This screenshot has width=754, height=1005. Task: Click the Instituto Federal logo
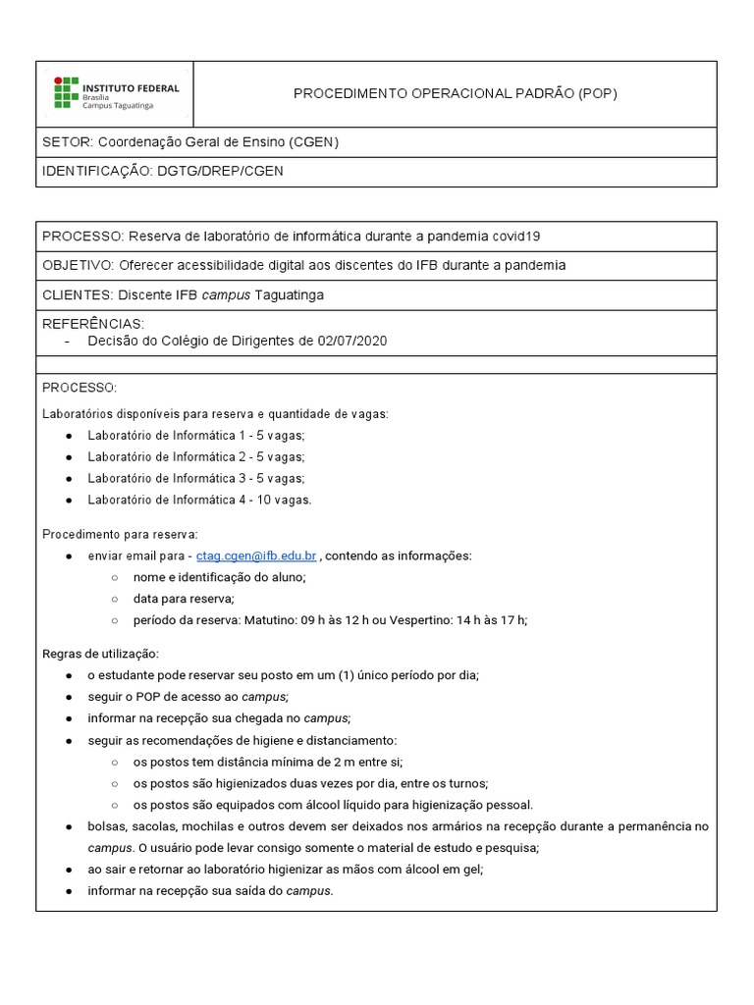click(x=116, y=93)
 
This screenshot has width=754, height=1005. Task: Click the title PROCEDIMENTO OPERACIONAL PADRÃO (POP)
click(x=456, y=93)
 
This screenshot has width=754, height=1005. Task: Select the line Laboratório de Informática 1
click(x=173, y=435)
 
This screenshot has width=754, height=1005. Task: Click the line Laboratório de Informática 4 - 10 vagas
click(x=199, y=500)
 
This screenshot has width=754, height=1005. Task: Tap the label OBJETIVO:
click(x=78, y=265)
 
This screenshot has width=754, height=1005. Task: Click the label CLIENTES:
click(x=77, y=294)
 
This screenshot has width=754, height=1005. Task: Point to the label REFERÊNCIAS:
click(x=92, y=323)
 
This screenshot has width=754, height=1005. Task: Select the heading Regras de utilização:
click(x=100, y=654)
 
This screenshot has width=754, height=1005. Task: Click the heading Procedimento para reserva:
click(x=120, y=535)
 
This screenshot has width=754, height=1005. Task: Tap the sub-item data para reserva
click(x=184, y=599)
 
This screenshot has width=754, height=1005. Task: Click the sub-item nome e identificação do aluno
click(x=220, y=577)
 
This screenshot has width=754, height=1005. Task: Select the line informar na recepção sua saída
click(x=210, y=891)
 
